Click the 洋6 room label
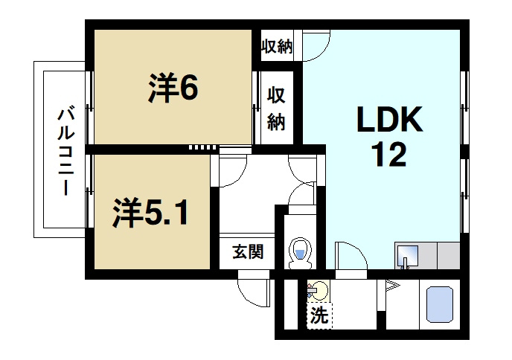point(172,89)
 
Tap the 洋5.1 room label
point(150,213)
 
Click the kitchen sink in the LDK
point(406,255)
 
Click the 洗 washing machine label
point(319,315)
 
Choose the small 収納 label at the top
point(276,48)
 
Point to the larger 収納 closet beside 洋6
point(277,108)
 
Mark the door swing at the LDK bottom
point(351,257)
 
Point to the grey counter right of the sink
point(447,256)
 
